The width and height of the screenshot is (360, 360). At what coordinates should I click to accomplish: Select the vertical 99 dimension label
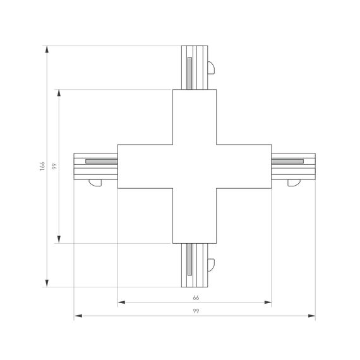(x=54, y=165)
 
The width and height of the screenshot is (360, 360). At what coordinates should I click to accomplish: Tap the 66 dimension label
(x=195, y=297)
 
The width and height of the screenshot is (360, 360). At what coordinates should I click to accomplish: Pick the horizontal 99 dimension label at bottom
(x=195, y=311)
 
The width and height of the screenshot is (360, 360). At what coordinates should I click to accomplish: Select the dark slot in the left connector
(x=100, y=162)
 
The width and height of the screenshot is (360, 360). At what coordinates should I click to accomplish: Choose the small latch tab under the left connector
(x=96, y=183)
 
